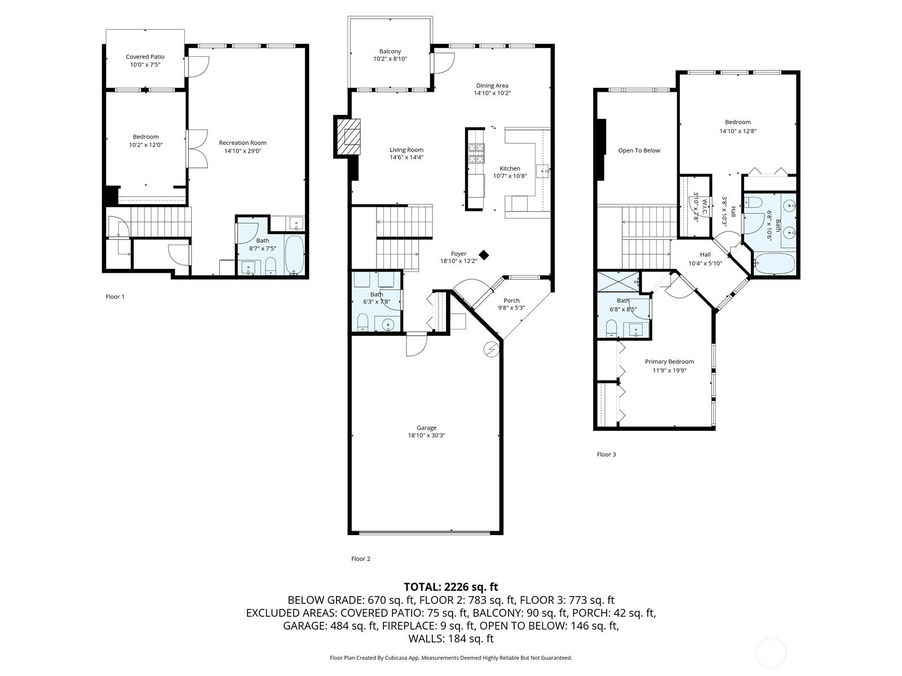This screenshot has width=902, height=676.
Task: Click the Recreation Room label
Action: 242,143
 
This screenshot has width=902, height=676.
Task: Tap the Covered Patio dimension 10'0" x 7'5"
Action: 145,64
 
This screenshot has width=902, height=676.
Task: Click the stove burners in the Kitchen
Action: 476,154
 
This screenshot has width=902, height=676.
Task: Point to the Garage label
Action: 426,428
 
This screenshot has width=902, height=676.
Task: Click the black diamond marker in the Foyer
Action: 484,255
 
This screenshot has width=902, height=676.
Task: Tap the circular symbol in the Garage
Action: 492,349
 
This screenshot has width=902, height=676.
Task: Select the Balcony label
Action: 390,51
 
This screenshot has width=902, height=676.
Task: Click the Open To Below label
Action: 639,150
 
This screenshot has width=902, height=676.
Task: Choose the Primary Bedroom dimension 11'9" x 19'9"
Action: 669,370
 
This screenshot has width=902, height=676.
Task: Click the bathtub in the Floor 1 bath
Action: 295,254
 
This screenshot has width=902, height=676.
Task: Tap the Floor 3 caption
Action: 606,455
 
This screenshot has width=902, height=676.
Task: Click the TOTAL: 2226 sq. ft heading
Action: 451,586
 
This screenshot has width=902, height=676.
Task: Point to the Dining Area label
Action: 492,86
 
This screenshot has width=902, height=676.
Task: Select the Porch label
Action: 512,300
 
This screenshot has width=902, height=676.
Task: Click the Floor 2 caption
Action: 360,559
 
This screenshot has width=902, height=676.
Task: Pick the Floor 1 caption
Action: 114,297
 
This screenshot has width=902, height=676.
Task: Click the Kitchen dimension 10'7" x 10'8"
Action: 510,176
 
